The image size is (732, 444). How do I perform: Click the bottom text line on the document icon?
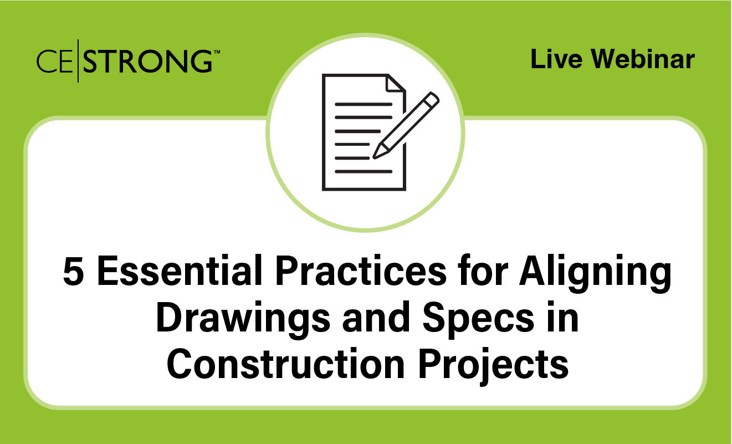click(x=363, y=171)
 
